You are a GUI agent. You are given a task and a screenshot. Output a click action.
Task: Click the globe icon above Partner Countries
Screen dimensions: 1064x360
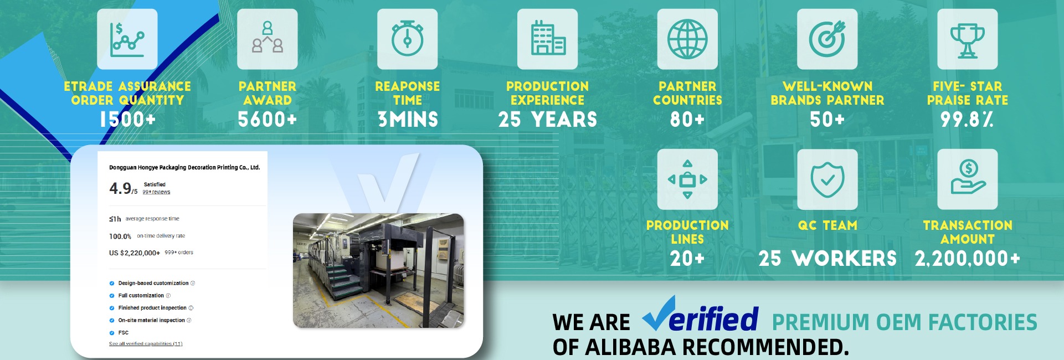[x=687, y=39]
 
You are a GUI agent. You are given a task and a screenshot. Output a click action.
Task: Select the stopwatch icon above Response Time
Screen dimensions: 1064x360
[x=408, y=38]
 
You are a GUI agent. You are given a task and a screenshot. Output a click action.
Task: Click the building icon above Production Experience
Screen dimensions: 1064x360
[x=548, y=38]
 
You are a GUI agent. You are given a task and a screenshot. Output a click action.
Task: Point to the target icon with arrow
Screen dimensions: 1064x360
[x=827, y=39]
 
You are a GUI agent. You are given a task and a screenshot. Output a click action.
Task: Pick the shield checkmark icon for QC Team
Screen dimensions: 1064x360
[x=827, y=180]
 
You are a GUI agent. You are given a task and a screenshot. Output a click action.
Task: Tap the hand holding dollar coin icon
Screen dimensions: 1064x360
[x=968, y=177]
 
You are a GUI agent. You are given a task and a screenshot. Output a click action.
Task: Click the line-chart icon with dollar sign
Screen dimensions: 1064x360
[x=127, y=39]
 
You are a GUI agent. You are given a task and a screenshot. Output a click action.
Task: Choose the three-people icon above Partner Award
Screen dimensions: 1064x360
[x=268, y=37]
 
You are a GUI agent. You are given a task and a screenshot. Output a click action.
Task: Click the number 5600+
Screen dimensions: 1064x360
[x=268, y=120]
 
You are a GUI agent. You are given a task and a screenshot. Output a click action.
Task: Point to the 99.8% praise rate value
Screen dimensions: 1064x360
[x=967, y=120]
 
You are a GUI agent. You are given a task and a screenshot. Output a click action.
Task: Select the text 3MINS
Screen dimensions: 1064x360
[x=408, y=120]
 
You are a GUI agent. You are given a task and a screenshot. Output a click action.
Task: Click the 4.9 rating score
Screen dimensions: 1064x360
[x=120, y=188]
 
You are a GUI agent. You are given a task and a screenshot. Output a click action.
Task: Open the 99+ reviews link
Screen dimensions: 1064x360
[x=156, y=192]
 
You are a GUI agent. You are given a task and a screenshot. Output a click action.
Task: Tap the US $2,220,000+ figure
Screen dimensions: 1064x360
[x=135, y=253]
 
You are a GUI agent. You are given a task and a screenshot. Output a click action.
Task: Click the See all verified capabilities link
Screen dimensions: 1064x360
[x=146, y=344]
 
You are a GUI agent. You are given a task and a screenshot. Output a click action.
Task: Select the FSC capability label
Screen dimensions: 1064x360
[x=124, y=333]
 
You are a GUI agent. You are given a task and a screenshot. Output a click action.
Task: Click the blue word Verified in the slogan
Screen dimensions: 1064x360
[x=701, y=314]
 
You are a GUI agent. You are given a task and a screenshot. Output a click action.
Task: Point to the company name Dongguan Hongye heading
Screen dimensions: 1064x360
[x=184, y=167]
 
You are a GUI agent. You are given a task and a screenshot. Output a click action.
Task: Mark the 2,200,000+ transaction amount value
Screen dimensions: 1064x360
[x=967, y=259]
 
